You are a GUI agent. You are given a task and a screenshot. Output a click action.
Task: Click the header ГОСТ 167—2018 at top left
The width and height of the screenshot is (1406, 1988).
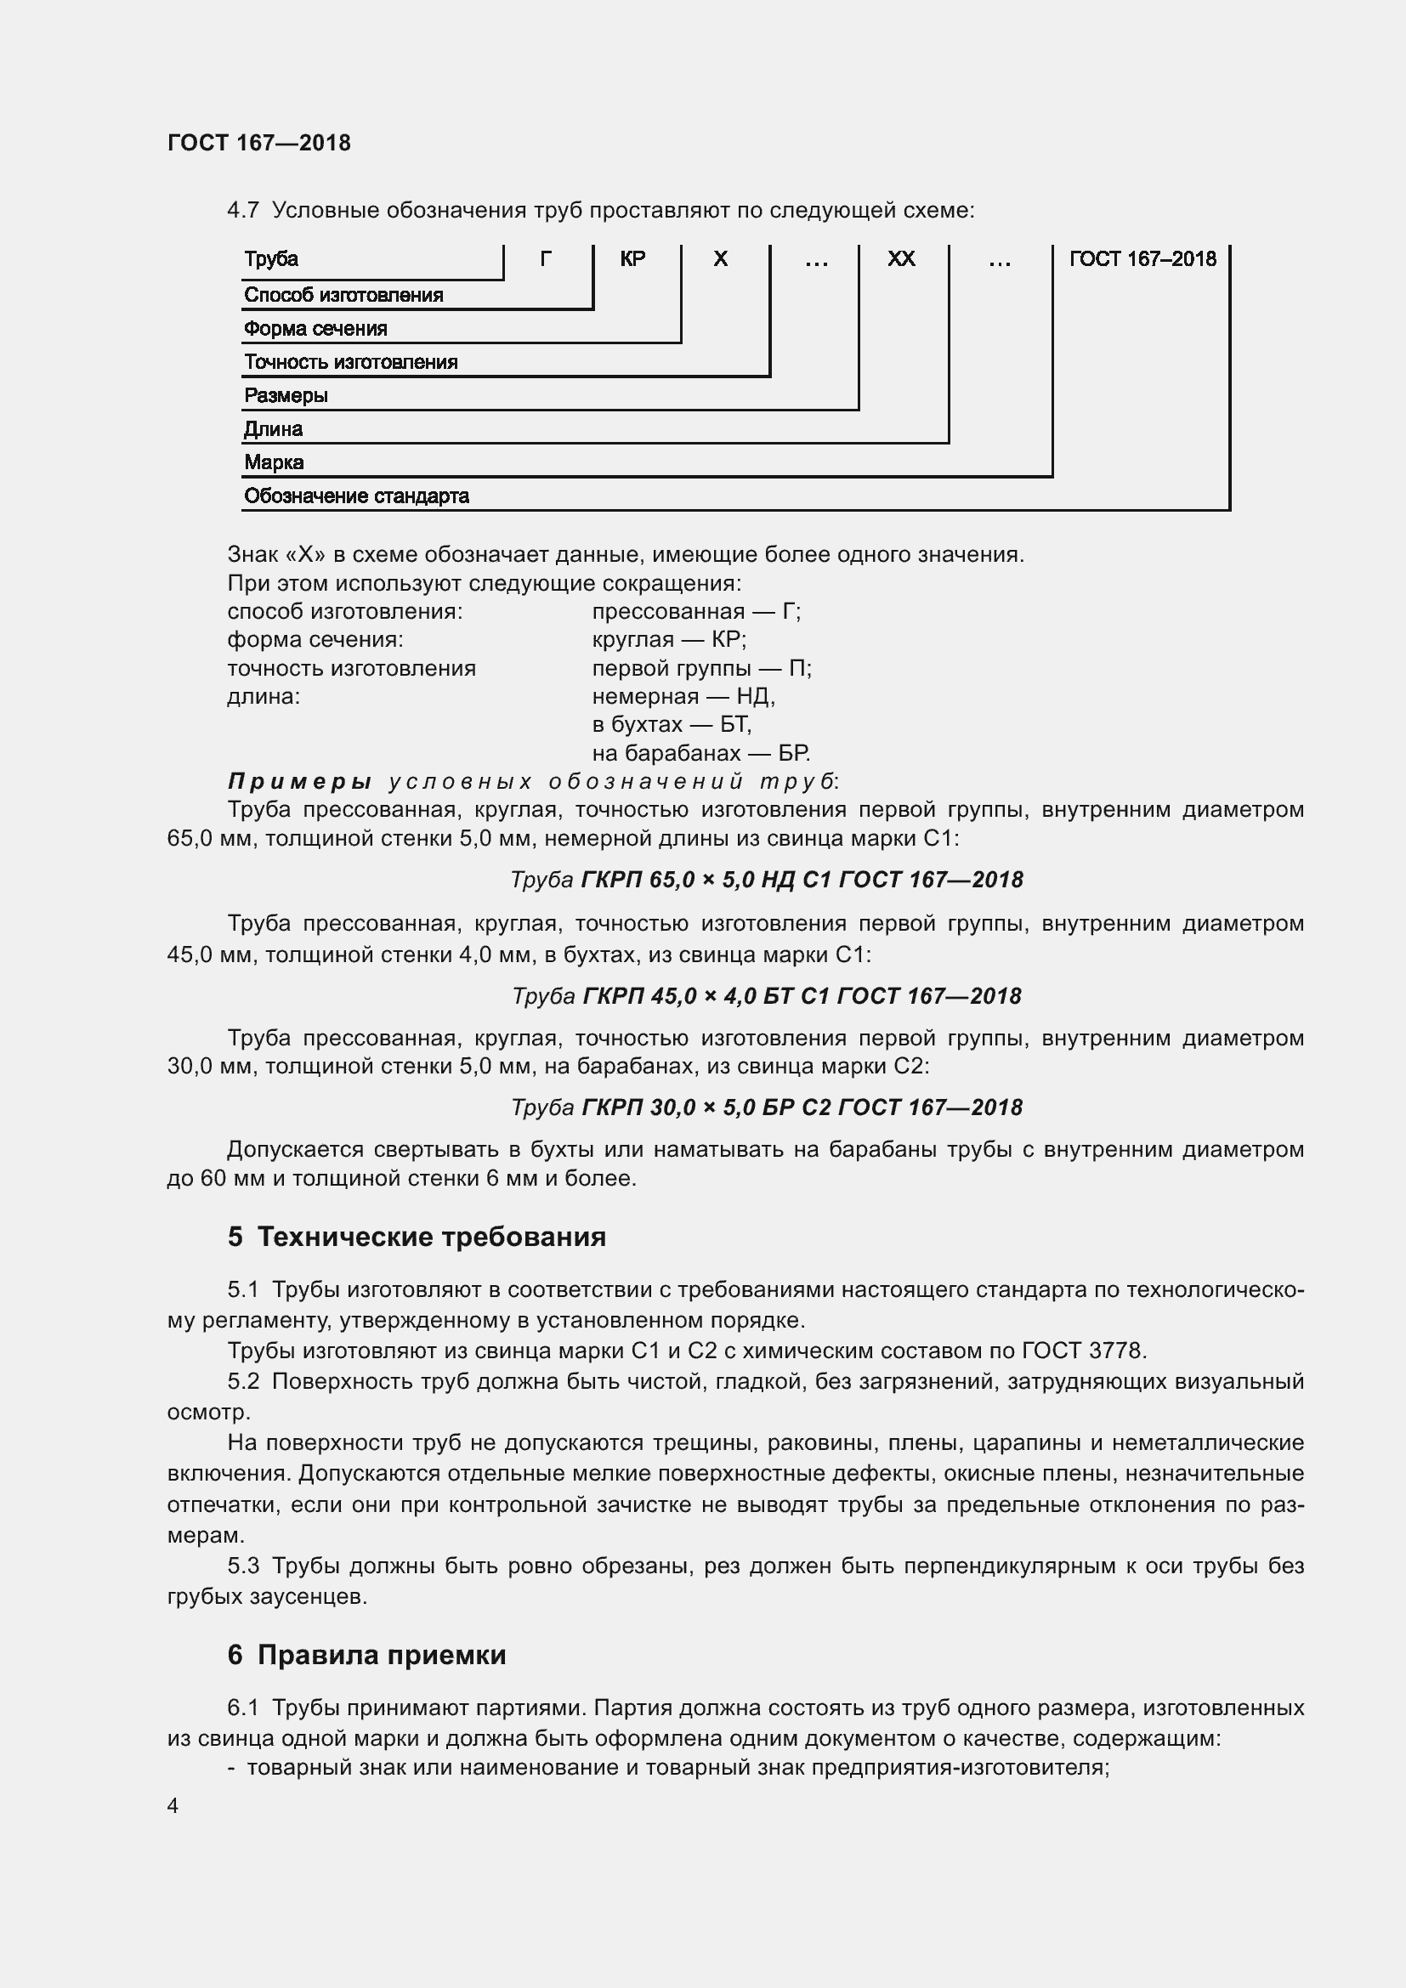point(259,143)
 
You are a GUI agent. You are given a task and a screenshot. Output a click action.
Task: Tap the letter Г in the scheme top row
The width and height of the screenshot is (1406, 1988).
point(546,259)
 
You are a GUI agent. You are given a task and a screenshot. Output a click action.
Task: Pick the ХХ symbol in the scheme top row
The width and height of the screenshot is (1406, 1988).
point(901,259)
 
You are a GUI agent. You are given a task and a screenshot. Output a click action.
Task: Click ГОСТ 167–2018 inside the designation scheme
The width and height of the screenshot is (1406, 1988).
point(1142,259)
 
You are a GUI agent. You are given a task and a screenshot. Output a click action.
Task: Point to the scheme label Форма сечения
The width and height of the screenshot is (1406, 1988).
point(315,329)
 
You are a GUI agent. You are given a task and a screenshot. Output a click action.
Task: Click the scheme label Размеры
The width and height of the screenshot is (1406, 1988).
point(286,396)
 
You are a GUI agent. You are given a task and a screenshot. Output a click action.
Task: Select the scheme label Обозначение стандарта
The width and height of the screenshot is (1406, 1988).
point(356,496)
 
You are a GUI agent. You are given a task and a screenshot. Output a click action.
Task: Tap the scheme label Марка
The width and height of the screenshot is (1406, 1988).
point(274,462)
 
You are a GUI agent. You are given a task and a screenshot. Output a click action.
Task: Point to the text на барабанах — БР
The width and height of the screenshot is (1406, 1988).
point(700,752)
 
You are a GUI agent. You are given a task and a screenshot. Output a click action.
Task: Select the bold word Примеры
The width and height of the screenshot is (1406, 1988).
point(299,781)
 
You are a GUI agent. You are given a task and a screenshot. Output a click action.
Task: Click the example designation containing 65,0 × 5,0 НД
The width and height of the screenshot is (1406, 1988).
point(766,880)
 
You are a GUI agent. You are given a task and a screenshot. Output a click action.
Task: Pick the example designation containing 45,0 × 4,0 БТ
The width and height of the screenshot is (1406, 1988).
point(766,996)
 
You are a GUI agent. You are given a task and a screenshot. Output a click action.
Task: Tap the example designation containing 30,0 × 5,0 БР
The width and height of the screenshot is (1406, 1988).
point(766,1107)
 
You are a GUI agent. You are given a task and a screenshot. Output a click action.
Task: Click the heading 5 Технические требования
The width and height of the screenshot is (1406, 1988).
point(417,1237)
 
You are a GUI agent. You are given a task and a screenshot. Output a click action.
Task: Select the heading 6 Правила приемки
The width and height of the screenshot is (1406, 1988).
point(366,1655)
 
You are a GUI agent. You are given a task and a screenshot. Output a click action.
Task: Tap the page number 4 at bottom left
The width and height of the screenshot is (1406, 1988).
point(173,1805)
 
